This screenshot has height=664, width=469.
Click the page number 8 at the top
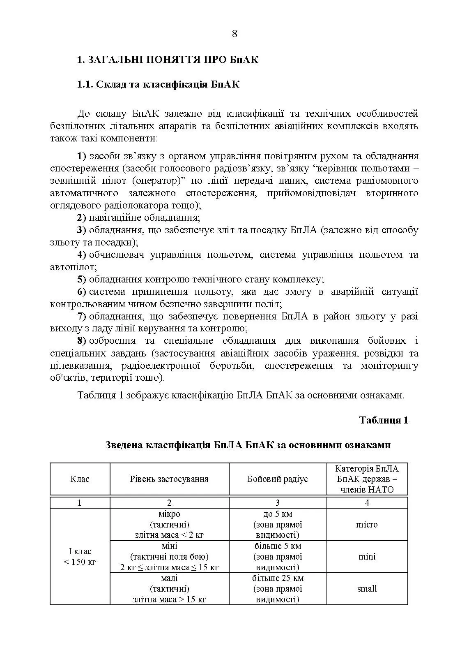[234, 34]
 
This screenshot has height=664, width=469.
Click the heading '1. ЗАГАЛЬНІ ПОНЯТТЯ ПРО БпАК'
[168, 60]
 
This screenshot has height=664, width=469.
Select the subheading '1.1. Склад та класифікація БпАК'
[158, 85]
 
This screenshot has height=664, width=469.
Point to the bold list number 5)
[82, 280]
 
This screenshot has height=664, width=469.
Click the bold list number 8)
[82, 341]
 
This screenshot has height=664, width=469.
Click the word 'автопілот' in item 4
[73, 267]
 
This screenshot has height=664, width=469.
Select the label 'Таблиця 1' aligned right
[384, 420]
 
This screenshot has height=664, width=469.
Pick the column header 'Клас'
[80, 479]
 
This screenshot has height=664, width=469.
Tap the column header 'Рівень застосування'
[169, 479]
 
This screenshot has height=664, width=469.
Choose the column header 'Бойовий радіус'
[278, 479]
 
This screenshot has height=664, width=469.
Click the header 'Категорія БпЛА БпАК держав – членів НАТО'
[367, 479]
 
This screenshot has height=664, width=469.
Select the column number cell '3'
[278, 503]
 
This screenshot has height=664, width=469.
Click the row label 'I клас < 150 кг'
[80, 557]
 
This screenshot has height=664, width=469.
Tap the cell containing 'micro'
[367, 525]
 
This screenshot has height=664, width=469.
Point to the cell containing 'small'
[367, 589]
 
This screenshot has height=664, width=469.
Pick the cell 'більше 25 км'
[278, 578]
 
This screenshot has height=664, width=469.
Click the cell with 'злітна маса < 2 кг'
[169, 535]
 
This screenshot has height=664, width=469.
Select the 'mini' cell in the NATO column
[367, 557]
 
